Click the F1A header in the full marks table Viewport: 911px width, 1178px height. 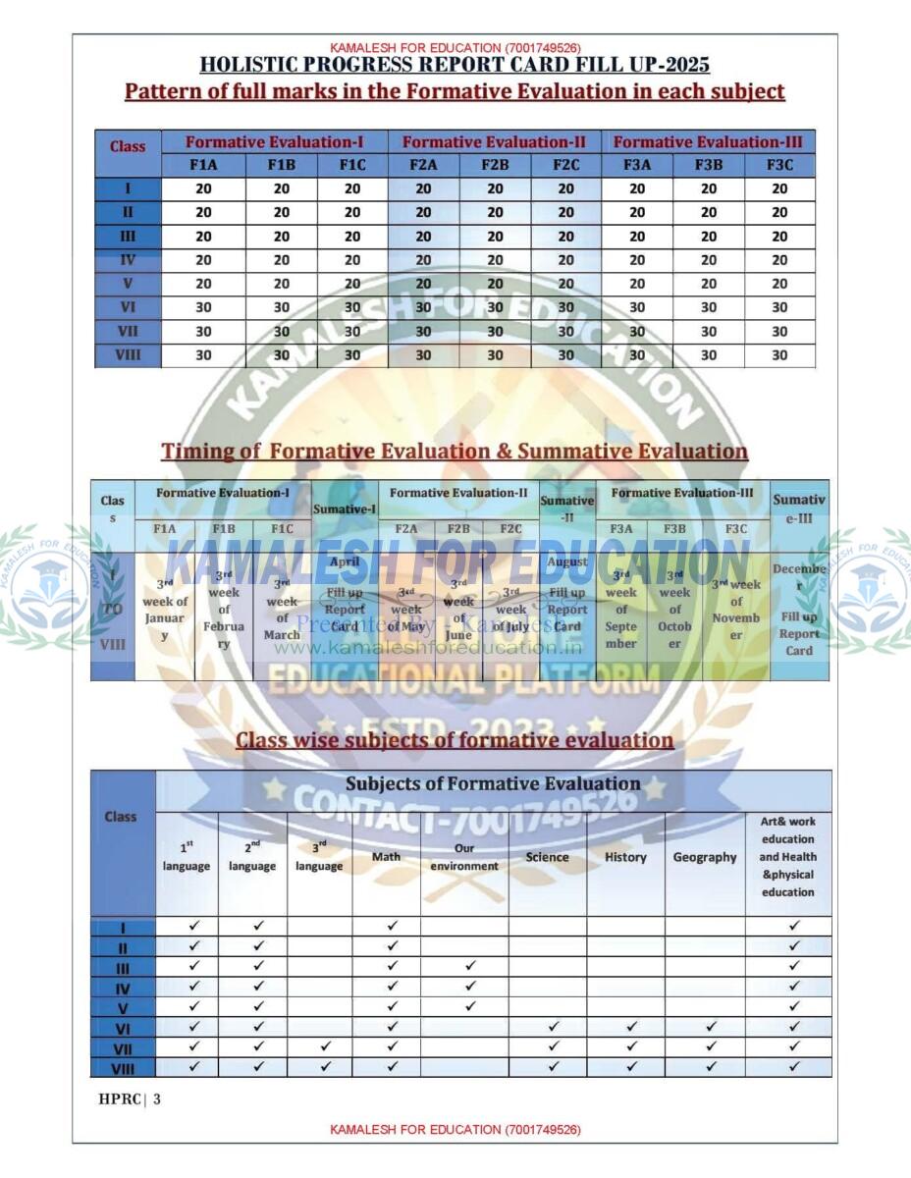[203, 165]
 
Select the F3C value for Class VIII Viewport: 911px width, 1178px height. [779, 355]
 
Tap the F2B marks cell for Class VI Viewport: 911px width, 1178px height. [495, 307]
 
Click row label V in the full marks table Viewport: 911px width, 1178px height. [128, 284]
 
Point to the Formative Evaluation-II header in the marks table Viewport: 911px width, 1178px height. [494, 141]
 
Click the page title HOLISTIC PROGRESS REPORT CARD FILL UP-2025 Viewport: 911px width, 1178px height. [455, 66]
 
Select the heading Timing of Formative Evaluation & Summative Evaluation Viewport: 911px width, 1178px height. [455, 452]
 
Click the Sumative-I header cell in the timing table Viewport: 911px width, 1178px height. [345, 509]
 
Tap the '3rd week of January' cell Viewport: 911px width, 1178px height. [165, 610]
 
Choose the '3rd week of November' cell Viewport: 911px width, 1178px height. [736, 610]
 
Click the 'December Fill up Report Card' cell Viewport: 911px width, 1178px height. [799, 610]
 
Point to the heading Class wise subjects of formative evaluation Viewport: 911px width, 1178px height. [455, 740]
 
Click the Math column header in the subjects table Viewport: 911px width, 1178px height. [386, 857]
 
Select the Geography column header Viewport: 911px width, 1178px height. [705, 857]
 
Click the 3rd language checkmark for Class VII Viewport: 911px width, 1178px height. [326, 1047]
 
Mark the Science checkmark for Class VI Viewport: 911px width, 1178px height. [554, 1027]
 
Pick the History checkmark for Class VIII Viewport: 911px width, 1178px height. [632, 1066]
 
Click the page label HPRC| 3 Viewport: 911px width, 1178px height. [130, 1098]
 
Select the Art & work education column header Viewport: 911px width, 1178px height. [787, 857]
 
